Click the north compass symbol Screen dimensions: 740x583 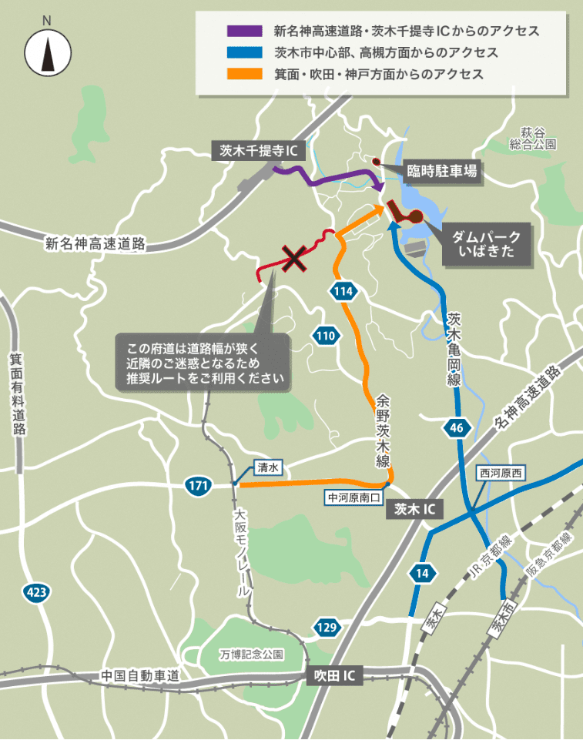point(49,52)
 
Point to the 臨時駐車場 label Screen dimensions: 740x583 point(441,171)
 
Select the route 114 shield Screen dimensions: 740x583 point(344,290)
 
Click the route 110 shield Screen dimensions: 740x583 point(326,336)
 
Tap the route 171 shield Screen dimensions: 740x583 point(198,485)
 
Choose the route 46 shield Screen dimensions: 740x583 point(456,429)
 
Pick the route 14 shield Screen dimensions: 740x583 point(423,574)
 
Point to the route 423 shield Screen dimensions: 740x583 point(35,592)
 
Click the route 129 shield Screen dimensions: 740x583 point(327,628)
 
